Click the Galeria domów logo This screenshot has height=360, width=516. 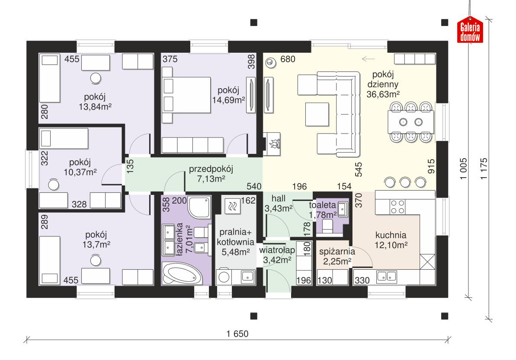pos(471,32)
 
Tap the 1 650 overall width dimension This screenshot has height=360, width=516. pos(237,333)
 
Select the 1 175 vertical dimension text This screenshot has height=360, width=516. pos(483,166)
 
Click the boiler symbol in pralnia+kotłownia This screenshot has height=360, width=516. pos(232,206)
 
